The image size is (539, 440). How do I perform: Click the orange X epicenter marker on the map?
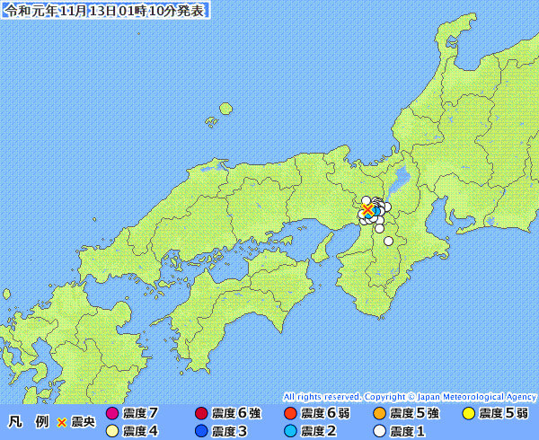367,209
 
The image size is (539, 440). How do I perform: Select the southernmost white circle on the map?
389,241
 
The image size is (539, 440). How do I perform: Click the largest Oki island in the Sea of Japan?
225,109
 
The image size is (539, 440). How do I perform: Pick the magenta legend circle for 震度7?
112,414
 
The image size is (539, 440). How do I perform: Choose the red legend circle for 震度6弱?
289,414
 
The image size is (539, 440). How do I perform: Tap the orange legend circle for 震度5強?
378,414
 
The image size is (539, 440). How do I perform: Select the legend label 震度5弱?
503,414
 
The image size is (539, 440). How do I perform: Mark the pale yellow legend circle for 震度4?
112,431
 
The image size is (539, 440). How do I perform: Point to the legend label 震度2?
319,431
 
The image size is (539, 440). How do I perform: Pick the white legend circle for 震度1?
378,431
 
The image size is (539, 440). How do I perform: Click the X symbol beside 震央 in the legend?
62,421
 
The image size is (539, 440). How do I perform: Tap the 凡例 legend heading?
26,421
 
